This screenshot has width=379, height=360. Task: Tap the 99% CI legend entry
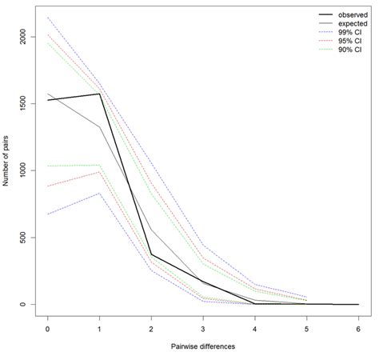[x=340, y=32]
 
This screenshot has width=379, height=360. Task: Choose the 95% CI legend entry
[x=340, y=41]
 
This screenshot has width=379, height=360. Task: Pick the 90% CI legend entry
[x=340, y=50]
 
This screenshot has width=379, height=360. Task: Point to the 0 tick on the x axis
[x=48, y=329]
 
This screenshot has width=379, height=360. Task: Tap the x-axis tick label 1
[x=100, y=329]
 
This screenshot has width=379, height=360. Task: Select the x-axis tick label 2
[x=151, y=329]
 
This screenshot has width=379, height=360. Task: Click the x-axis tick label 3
[x=203, y=329]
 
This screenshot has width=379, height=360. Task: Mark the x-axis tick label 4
[x=255, y=329]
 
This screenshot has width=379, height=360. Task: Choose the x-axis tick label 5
[x=307, y=329]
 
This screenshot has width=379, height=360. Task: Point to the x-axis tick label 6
[x=358, y=329]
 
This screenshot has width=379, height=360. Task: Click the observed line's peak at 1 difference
[x=100, y=94]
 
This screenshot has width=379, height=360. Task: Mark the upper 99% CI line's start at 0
[x=48, y=18]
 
